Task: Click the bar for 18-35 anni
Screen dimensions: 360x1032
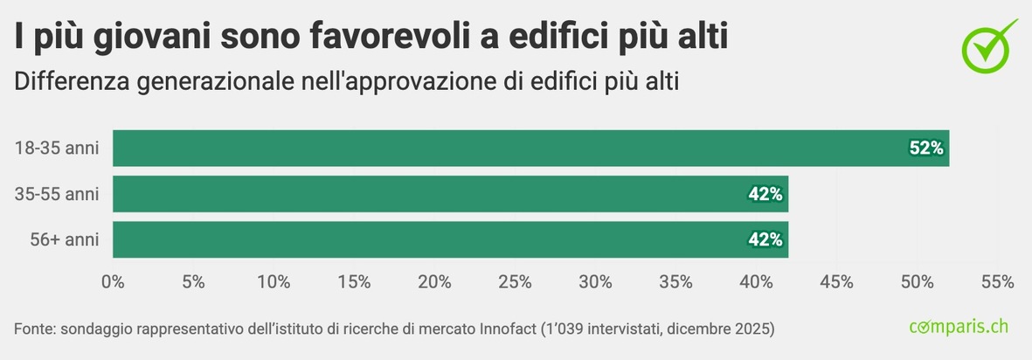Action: pos(530,149)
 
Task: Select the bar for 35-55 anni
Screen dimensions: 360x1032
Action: pos(450,194)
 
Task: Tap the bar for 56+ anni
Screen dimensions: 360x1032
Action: pos(450,239)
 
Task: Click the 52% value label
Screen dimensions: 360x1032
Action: pos(926,149)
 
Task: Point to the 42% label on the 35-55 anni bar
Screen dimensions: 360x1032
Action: pos(765,194)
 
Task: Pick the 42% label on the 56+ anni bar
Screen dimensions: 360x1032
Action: pos(765,239)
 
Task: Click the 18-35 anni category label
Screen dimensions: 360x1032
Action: pos(56,149)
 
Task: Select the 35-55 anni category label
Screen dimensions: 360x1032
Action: pos(56,194)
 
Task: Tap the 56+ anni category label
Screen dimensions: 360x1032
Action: pos(63,239)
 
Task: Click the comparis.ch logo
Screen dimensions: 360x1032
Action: pos(959,327)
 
